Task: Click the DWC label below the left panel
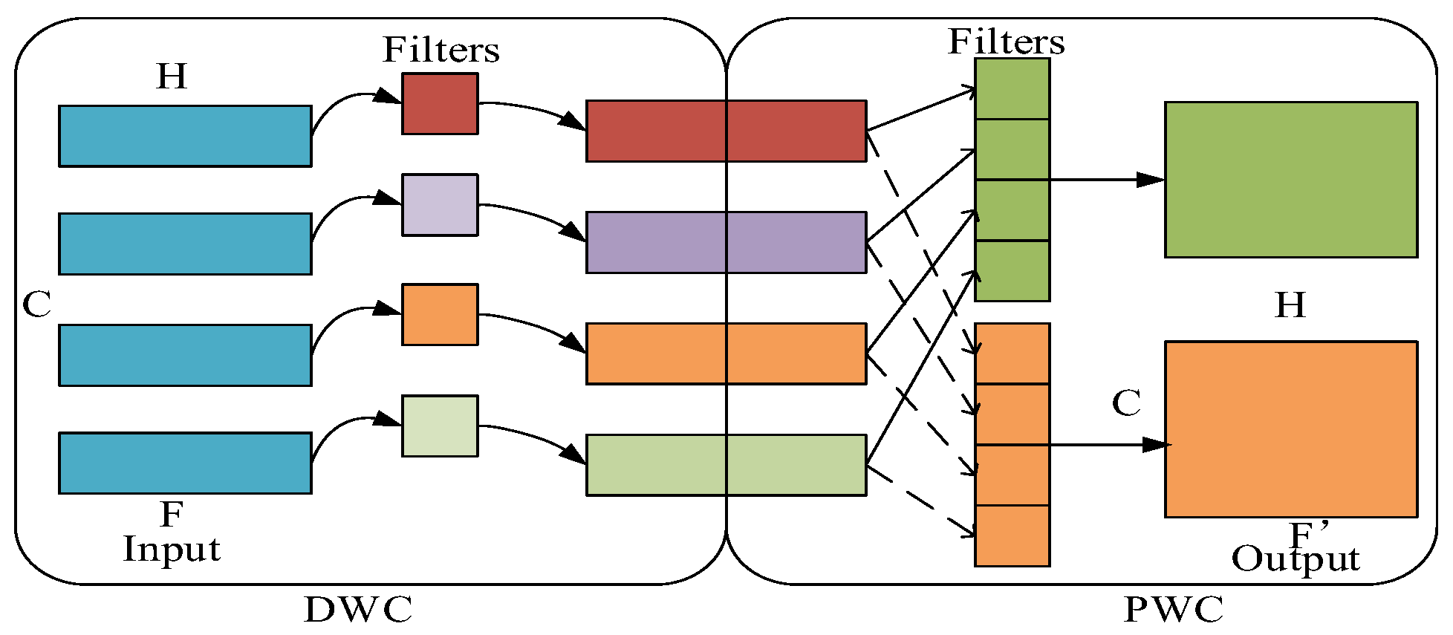[x=358, y=610]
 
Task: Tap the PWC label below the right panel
[x=1173, y=610]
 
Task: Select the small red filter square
[x=440, y=104]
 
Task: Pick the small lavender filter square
[x=440, y=205]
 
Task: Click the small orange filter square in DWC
[x=440, y=314]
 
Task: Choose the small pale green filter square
[x=440, y=426]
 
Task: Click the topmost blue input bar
[x=185, y=136]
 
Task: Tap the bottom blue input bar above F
[x=185, y=463]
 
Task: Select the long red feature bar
[x=726, y=131]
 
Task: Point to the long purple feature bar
[x=726, y=242]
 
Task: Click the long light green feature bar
[x=726, y=465]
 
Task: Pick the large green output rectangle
[x=1291, y=180]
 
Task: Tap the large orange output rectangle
[x=1291, y=429]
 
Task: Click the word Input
[x=172, y=550]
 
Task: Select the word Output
[x=1295, y=559]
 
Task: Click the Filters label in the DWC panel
[x=441, y=51]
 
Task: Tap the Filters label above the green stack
[x=1006, y=42]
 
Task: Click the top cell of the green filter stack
[x=1012, y=89]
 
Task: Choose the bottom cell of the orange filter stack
[x=1012, y=535]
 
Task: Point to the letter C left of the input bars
[x=36, y=305]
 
